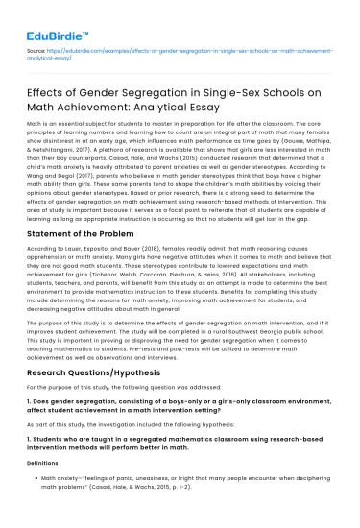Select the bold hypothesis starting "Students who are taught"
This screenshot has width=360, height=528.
(173, 456)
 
